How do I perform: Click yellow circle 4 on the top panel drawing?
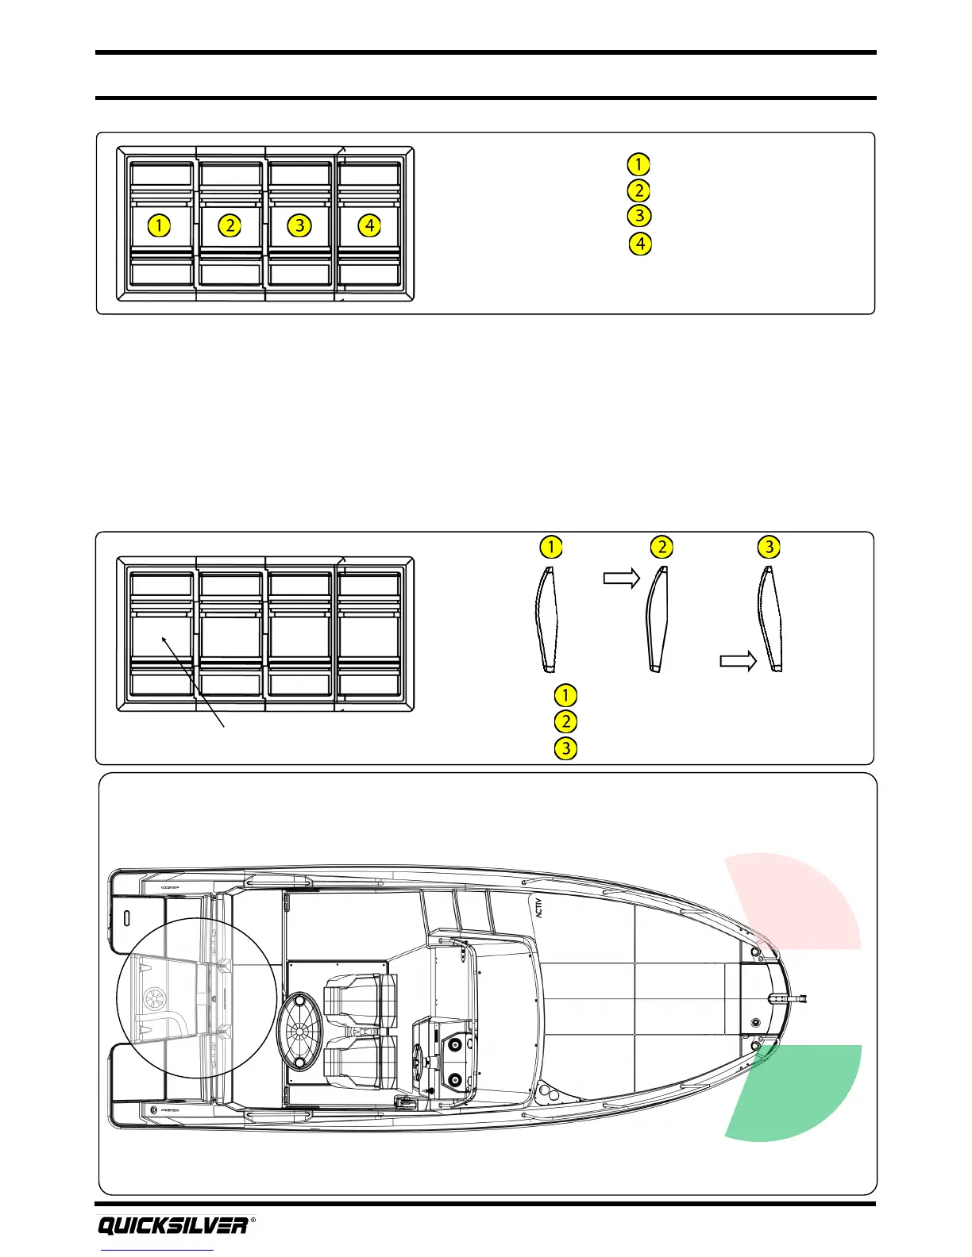pyautogui.click(x=369, y=225)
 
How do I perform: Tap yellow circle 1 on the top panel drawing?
pyautogui.click(x=159, y=225)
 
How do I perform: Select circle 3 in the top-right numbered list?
pyautogui.click(x=638, y=216)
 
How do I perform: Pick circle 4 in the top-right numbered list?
pyautogui.click(x=640, y=244)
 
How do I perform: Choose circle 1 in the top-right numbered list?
pyautogui.click(x=638, y=164)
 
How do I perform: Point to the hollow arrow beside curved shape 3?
pyautogui.click(x=738, y=661)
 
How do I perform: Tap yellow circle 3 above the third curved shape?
pyautogui.click(x=769, y=547)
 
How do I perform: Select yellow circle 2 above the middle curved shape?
pyautogui.click(x=661, y=547)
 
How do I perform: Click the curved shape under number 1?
pyautogui.click(x=547, y=619)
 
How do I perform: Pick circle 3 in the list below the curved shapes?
pyautogui.click(x=565, y=748)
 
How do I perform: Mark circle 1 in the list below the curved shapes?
pyautogui.click(x=565, y=695)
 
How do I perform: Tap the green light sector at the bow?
pyautogui.click(x=802, y=1095)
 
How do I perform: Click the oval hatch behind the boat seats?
pyautogui.click(x=301, y=1029)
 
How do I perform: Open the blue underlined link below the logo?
pyautogui.click(x=157, y=1251)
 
